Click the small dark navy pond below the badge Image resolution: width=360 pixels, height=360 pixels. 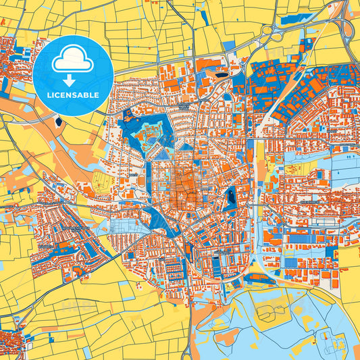click(x=59, y=122)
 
